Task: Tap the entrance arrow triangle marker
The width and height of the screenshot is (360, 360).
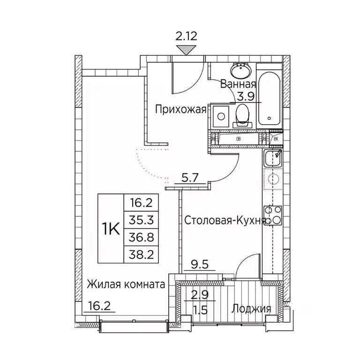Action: tap(187, 49)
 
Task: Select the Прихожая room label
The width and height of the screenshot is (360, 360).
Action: tap(181, 110)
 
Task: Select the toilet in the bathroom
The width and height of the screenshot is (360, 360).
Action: tap(242, 115)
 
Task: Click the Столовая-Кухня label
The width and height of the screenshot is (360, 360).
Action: tap(225, 220)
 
